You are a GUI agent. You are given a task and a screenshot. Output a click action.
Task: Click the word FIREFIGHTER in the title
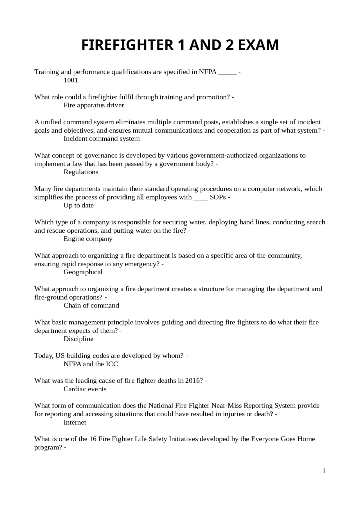[127, 45]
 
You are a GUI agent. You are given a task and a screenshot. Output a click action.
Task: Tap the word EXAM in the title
[258, 45]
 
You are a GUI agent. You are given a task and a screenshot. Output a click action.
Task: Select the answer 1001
[71, 80]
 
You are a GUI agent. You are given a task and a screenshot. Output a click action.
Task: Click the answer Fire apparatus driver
[94, 105]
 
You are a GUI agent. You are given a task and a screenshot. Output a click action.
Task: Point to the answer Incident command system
[102, 139]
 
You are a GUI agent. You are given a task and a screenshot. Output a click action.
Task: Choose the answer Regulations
[81, 172]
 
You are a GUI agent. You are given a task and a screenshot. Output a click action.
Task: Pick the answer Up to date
[78, 205]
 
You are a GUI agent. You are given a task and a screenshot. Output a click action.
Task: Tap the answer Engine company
[88, 239]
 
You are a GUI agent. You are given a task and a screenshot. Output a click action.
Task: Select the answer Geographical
[83, 272]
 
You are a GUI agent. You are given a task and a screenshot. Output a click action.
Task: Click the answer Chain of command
[91, 306]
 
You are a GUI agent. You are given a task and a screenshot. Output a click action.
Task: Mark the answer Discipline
[78, 339]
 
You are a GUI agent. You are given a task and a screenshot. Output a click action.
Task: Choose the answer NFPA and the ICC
[91, 364]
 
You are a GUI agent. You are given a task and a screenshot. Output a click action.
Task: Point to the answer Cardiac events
[85, 389]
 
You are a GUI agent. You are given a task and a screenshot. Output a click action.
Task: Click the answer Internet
[75, 422]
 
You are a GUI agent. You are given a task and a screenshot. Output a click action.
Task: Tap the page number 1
[324, 471]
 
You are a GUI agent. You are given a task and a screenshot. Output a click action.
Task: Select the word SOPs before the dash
[218, 197]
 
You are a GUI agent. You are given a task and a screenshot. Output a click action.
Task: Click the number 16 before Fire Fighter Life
[93, 439]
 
